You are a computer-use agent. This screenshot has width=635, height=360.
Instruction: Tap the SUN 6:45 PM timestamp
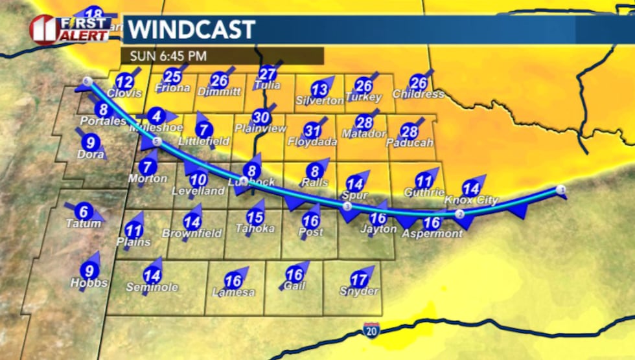tap(168, 56)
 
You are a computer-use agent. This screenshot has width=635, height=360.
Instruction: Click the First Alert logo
tap(69, 29)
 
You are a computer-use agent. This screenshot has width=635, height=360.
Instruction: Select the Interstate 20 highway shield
tap(371, 329)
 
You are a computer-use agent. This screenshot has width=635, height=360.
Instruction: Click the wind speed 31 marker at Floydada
tap(313, 129)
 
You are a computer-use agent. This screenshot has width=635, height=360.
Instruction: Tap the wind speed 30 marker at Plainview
tap(261, 117)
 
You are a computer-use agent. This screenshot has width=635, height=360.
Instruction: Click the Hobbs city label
tap(89, 283)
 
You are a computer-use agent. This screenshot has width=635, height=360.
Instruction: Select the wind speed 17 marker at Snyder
tap(358, 280)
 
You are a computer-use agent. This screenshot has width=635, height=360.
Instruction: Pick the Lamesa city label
tap(233, 293)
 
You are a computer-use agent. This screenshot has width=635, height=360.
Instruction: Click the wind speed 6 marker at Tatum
tap(83, 212)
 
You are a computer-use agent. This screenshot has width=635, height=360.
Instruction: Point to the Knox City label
tap(471, 200)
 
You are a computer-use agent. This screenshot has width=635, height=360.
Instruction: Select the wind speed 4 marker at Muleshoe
tap(156, 117)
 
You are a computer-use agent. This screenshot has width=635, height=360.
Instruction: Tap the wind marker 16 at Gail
tap(295, 275)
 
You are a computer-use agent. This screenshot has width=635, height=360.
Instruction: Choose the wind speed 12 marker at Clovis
tap(124, 82)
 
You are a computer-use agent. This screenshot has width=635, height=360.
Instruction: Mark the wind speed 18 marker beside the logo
tap(94, 15)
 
